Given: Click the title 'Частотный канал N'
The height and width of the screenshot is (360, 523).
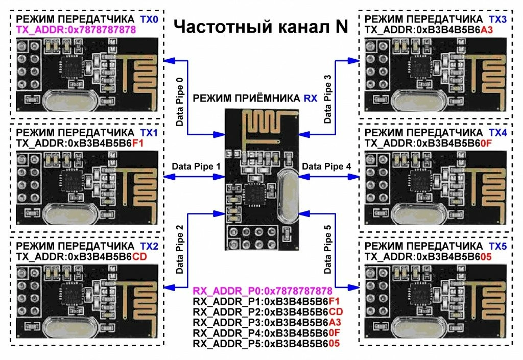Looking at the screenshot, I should (261, 27).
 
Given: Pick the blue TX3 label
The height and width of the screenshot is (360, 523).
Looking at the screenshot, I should (497, 19).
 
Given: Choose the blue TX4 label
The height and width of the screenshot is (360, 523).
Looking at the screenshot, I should (497, 132).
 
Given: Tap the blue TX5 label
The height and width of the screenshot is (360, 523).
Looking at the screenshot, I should (497, 246).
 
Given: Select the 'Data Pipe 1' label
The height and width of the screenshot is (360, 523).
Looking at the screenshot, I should (196, 166).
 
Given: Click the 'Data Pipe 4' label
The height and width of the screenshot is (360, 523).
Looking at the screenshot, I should (327, 166).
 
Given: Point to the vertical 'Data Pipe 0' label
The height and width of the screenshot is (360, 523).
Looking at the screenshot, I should (179, 102).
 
